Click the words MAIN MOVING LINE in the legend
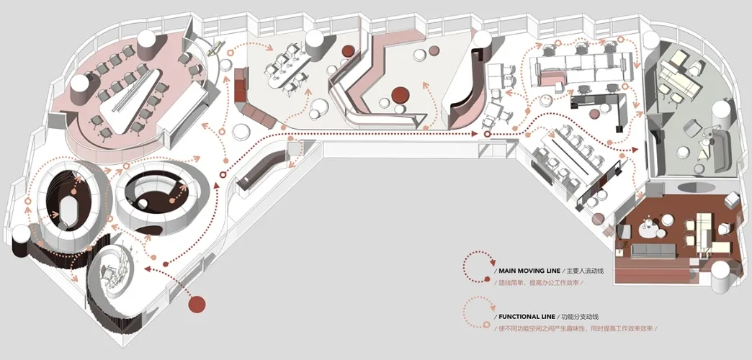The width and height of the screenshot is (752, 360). [x=528, y=271]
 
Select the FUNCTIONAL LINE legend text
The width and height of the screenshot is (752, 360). [x=527, y=317]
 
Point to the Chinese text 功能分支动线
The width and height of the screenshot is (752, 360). [x=581, y=317]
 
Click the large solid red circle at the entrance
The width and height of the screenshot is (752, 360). [x=197, y=303]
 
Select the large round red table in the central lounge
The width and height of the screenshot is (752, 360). [x=400, y=95]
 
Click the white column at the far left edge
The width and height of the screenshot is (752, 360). [x=21, y=235]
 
